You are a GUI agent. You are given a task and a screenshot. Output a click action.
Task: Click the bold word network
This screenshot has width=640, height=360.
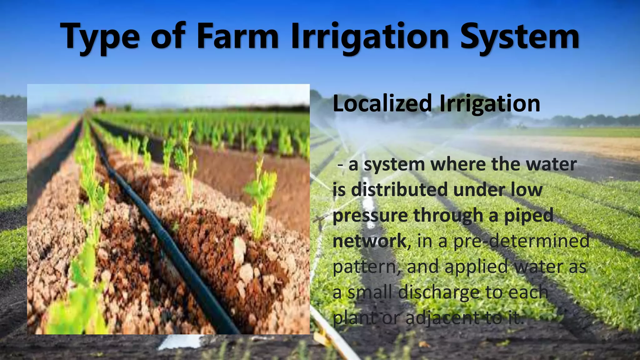(369, 241)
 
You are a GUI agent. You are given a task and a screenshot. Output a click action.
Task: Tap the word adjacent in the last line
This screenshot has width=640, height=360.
(442, 318)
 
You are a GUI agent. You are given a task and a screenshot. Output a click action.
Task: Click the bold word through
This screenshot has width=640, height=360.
(448, 216)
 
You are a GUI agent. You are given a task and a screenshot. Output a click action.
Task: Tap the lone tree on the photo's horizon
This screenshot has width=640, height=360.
(100, 102)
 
